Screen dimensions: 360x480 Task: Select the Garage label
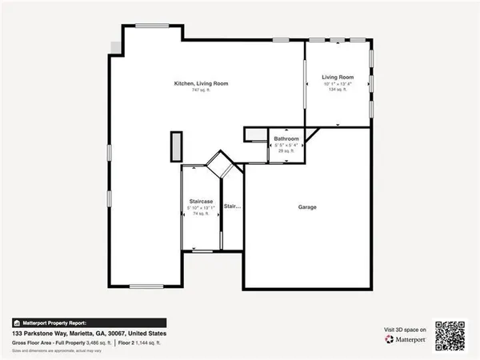[307, 207]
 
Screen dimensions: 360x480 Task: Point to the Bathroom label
[286, 139]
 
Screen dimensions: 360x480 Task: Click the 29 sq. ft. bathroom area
[286, 150]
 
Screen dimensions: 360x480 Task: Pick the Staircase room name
[200, 201]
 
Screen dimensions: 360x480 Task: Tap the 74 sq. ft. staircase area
[200, 214]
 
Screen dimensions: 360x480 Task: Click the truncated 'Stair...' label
[232, 206]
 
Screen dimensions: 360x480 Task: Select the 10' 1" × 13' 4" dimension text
[338, 83]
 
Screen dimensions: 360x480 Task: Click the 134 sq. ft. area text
[338, 90]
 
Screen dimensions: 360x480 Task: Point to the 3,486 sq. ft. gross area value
[95, 342]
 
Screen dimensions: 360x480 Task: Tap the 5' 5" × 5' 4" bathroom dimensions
[286, 145]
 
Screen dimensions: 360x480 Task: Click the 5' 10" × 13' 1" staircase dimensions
[200, 207]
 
